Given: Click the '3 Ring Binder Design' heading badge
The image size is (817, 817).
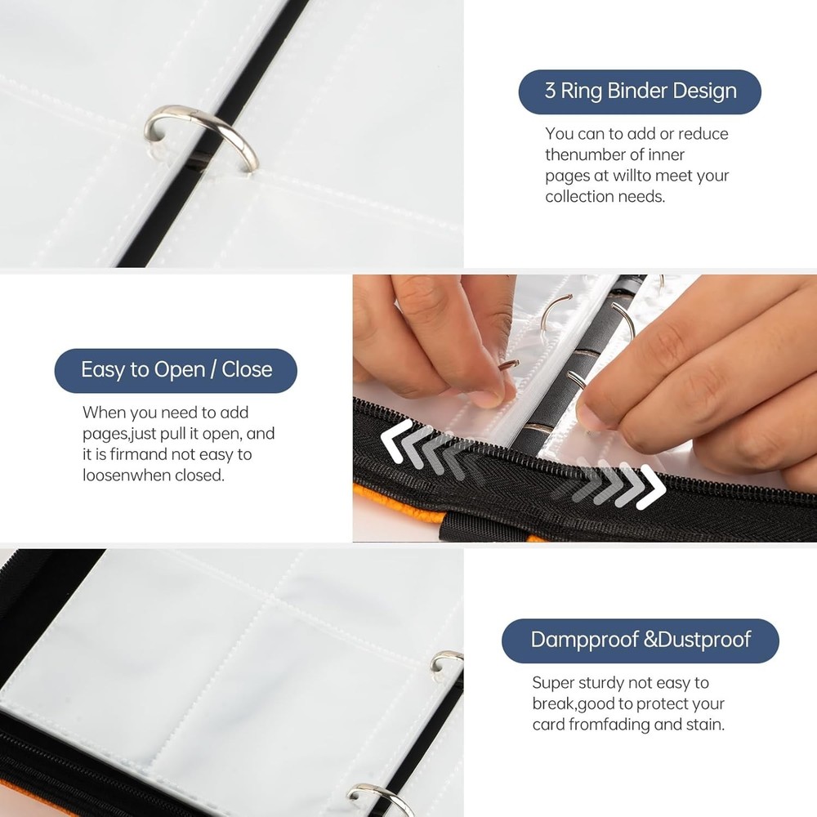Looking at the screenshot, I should point(640,92).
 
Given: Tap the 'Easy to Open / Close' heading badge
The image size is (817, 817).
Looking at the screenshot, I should point(176,369).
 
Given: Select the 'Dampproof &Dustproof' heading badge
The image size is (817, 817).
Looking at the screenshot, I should point(640,640).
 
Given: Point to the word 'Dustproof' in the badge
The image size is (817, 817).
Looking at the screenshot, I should point(706,640).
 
